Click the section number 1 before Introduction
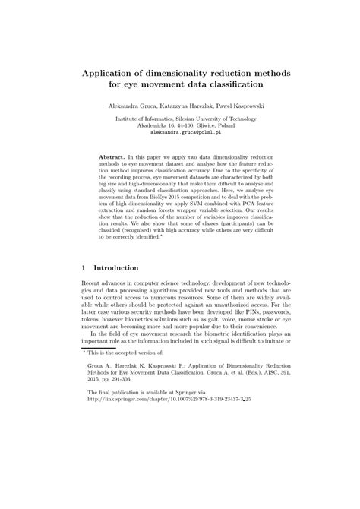pos(83,268)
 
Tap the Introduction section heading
pos(115,268)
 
